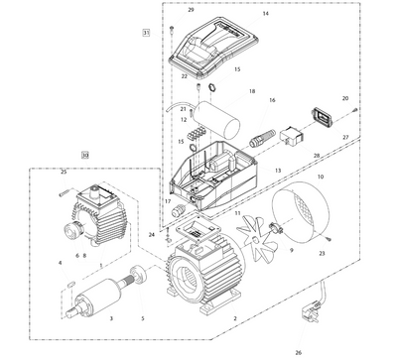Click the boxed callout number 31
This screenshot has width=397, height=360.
[146, 33]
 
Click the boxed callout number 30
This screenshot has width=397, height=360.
[85, 155]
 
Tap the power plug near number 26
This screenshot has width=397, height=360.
[310, 311]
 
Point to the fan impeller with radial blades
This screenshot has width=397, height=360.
[257, 237]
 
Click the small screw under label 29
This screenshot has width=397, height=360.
[172, 29]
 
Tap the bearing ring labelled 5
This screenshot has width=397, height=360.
[140, 273]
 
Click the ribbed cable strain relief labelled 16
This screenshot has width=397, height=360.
[262, 139]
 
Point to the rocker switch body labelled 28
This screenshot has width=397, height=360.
[292, 136]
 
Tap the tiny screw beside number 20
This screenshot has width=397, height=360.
[354, 109]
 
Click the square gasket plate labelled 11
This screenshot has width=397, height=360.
[197, 232]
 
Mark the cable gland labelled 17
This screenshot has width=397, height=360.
[179, 208]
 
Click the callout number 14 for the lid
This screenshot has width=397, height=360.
[265, 14]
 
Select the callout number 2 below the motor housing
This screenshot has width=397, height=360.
[235, 318]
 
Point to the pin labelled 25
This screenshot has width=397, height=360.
[64, 193]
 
